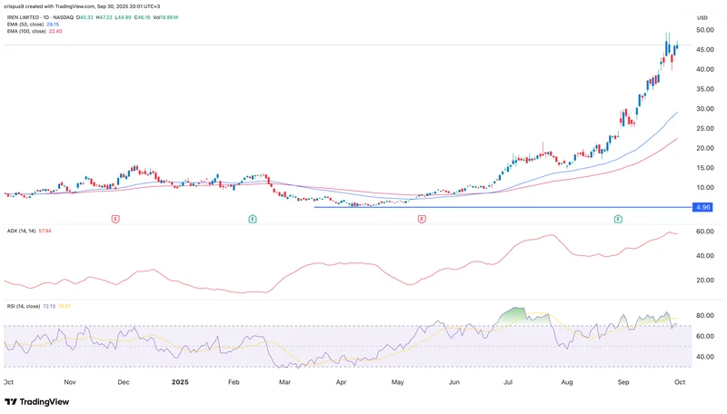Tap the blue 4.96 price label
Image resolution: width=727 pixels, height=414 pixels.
701,207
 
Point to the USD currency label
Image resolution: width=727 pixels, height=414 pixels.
702,18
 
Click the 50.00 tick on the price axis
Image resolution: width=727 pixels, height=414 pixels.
702,30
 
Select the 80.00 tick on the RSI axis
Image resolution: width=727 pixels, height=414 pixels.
702,316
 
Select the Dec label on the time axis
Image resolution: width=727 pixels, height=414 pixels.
124,382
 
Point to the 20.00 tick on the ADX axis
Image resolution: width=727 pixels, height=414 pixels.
702,280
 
